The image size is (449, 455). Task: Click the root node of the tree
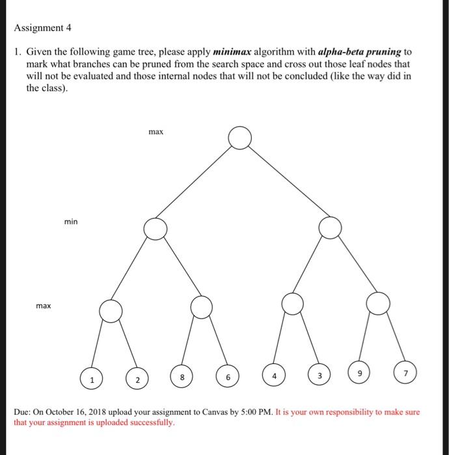click(240, 138)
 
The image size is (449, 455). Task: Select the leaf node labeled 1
click(92, 378)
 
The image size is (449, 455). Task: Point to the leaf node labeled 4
click(274, 375)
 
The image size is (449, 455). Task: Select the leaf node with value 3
click(319, 375)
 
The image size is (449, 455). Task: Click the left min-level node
click(156, 228)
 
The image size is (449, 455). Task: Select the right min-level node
click(331, 227)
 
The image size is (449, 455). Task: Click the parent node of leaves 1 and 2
click(111, 311)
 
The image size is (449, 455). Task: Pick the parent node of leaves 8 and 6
click(202, 307)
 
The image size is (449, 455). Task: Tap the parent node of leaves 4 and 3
click(293, 303)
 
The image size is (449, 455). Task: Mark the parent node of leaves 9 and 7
click(377, 303)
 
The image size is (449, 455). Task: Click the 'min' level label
click(70, 222)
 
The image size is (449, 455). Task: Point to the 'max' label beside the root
click(156, 132)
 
